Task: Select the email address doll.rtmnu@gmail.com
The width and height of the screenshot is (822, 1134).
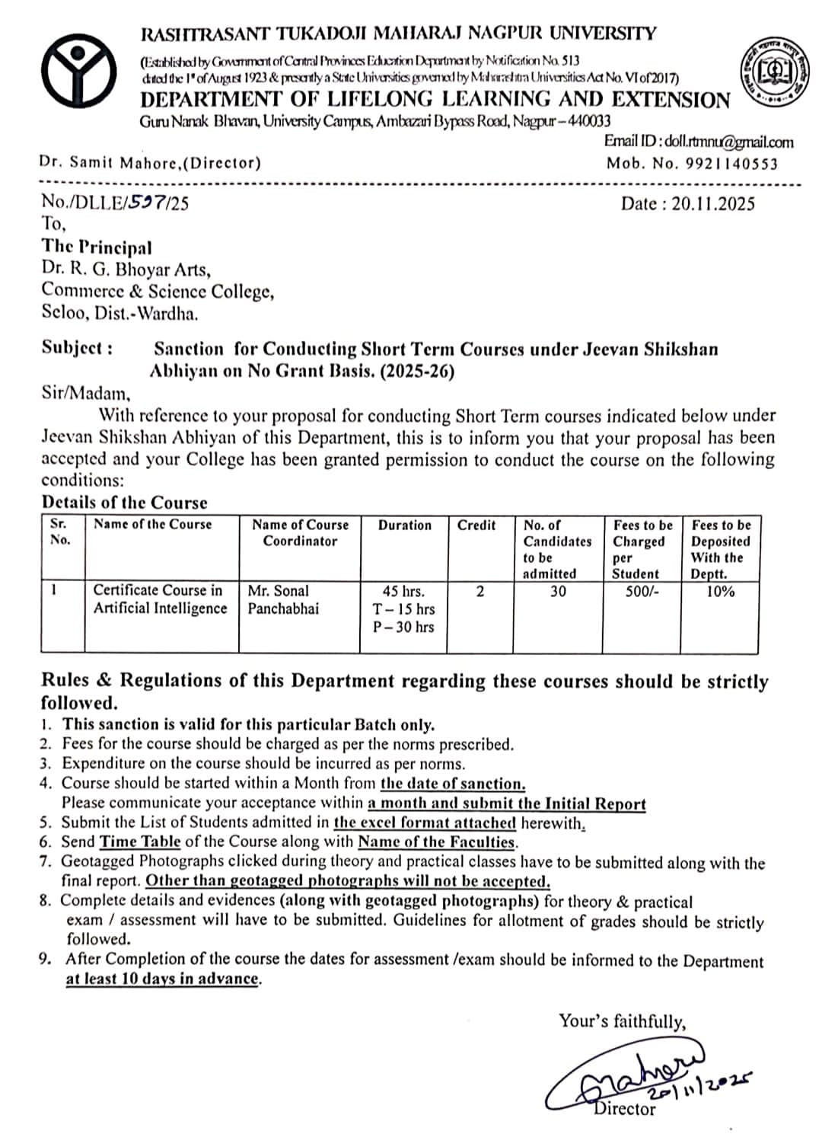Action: coord(728,142)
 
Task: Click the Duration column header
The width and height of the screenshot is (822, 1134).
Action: coord(404,525)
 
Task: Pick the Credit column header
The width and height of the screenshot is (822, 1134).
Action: coord(476,525)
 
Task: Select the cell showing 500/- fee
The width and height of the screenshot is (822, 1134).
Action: coord(635,591)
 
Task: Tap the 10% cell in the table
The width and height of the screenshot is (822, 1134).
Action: coord(719,591)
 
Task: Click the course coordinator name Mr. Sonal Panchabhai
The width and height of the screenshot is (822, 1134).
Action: coord(283,599)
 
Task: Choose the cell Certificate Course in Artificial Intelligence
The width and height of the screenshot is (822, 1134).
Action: coord(160,599)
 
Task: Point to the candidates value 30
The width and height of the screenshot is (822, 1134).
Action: coord(558,591)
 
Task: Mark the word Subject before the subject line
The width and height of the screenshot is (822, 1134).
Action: coord(77,348)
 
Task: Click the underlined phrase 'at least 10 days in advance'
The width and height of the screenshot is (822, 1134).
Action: coord(162,979)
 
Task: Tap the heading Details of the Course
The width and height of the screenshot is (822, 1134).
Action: coord(124,503)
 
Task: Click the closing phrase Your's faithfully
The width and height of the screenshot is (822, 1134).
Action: coord(622,1021)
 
